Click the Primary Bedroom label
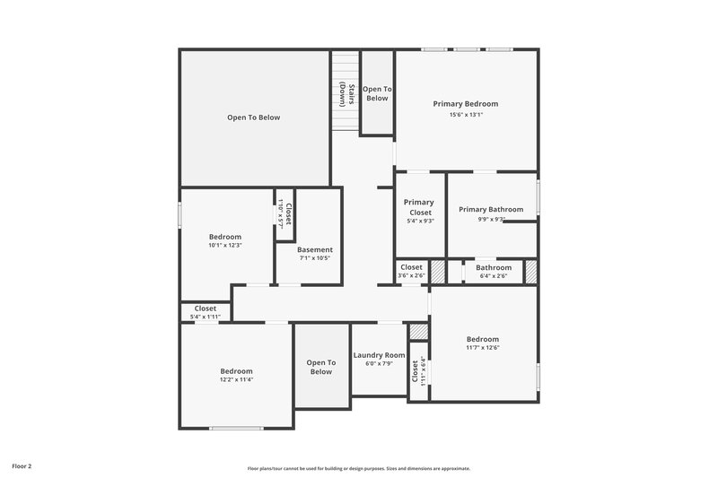pos(466,104)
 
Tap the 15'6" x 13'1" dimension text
pos(466,115)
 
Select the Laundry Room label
pos(379,355)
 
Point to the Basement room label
pos(315,249)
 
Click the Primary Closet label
pos(420,207)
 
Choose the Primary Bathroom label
pos(490,209)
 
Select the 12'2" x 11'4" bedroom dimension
pos(237,379)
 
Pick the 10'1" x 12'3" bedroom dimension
pos(225,245)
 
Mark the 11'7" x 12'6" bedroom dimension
pos(482,348)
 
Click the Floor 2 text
pos(22,466)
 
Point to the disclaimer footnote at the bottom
pos(359,468)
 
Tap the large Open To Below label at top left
pos(254,117)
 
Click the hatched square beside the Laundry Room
pos(419,332)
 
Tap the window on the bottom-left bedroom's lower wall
pos(237,428)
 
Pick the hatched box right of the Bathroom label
pos(530,272)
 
